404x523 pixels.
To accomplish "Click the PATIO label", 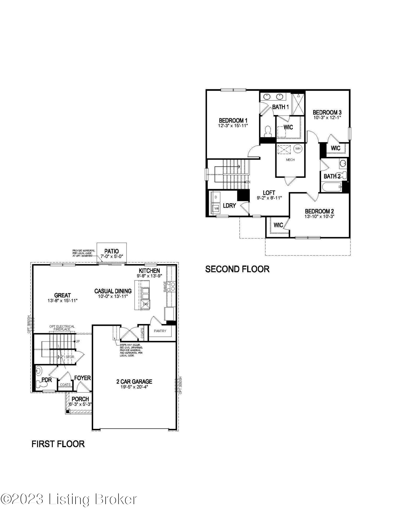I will [x=112, y=251].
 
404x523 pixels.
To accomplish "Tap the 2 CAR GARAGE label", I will [x=134, y=382].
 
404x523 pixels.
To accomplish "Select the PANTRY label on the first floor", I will [x=160, y=331].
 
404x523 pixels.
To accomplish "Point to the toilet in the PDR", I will [x=41, y=384].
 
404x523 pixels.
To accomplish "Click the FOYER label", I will [x=82, y=378].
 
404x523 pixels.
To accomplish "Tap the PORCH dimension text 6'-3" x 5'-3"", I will [x=80, y=404].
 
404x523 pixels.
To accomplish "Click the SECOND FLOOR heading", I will [x=237, y=269].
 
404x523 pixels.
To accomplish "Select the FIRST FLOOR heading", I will [x=58, y=444].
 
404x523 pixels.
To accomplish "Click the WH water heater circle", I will [x=298, y=149].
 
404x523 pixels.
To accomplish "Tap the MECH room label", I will [x=290, y=160].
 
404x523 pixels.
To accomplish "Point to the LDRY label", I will [x=229, y=206].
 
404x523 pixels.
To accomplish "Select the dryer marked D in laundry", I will [x=216, y=197].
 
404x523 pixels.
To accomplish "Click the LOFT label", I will [x=269, y=193].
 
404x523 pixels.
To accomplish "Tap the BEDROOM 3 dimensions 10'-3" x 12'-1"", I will [x=327, y=118].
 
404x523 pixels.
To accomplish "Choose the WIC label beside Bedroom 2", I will [x=278, y=225].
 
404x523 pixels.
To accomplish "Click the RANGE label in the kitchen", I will [x=165, y=286].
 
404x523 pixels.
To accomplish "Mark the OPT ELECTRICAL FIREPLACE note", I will [x=62, y=328].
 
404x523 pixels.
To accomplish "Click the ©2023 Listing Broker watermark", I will [x=69, y=499].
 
